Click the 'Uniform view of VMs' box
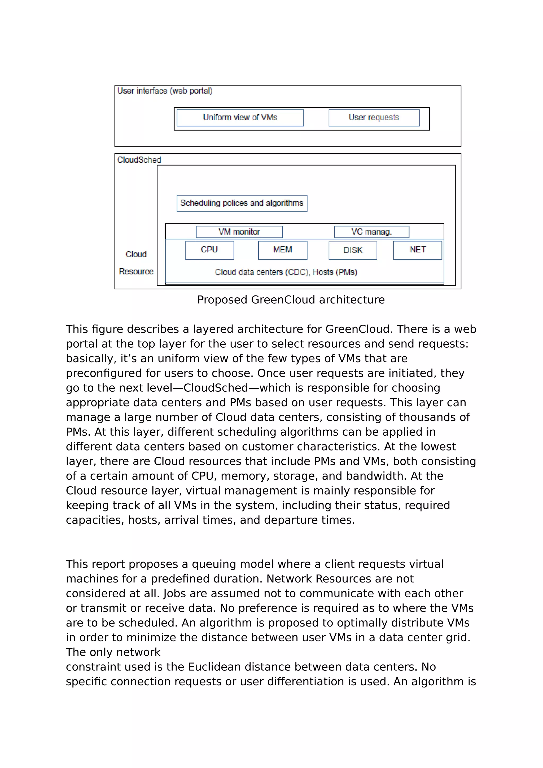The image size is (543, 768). click(x=240, y=118)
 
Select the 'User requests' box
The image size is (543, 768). click(x=374, y=118)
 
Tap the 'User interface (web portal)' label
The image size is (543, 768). click(x=165, y=91)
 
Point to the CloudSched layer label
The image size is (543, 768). click(x=139, y=160)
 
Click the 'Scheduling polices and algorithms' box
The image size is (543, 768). click(x=242, y=203)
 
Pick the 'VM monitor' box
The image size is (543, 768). click(x=239, y=232)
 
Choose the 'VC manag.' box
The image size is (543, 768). click(x=371, y=232)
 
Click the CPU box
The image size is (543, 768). click(x=209, y=250)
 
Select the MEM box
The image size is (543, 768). click(x=282, y=250)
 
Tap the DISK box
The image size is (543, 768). click(x=353, y=250)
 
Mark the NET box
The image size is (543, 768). click(x=417, y=250)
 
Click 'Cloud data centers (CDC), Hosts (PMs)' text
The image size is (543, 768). click(x=286, y=272)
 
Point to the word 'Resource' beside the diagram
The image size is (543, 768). click(x=136, y=271)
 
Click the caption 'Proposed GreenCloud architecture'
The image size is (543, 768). click(x=291, y=300)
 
